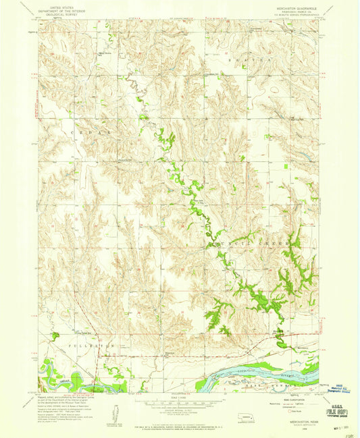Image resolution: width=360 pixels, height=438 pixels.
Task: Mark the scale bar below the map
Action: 179,404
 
